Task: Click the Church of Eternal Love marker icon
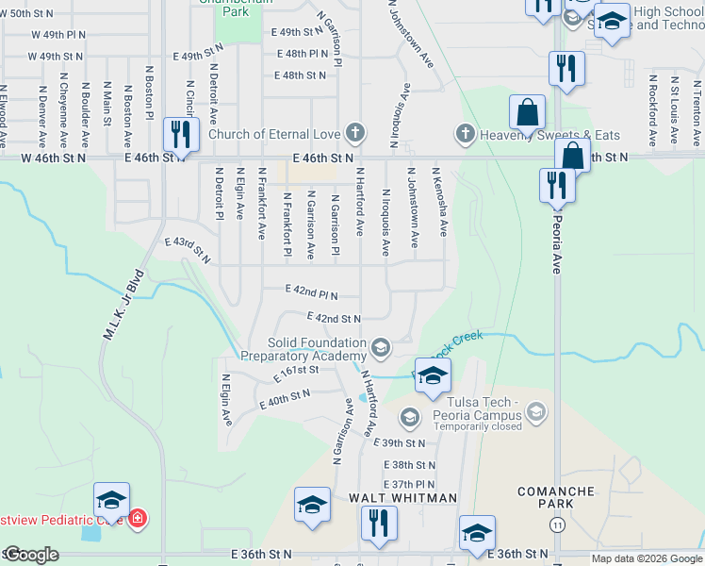coord(355,133)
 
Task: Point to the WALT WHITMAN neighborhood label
coord(402,497)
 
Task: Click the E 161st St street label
coord(297,374)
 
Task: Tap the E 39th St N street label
coord(400,441)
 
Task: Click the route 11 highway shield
coord(559,524)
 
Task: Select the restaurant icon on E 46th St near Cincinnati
coord(180,135)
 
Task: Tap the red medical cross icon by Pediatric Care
coord(138,518)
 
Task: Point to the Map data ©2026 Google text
coord(645,558)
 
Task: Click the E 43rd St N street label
coord(186,250)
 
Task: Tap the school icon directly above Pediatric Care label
coord(111,500)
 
